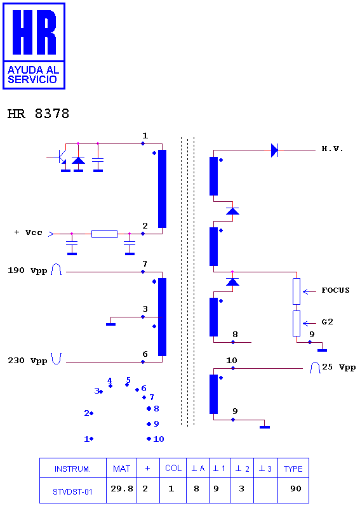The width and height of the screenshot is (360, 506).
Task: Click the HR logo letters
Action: click(34, 32)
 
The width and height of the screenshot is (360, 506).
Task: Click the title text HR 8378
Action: click(38, 114)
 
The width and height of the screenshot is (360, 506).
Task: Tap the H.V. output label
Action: click(332, 149)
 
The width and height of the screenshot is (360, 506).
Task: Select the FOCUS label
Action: click(335, 290)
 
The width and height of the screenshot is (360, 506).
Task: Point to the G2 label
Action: click(328, 322)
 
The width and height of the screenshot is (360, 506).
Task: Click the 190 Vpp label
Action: click(27, 270)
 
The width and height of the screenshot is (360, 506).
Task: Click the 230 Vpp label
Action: click(27, 361)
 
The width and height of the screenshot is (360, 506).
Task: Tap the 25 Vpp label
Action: click(338, 367)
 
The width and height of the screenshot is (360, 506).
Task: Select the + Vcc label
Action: click(29, 232)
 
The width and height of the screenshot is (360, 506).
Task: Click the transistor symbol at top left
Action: click(60, 157)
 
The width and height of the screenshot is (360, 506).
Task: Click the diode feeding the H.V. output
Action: click(274, 150)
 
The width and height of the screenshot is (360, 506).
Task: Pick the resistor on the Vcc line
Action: click(105, 234)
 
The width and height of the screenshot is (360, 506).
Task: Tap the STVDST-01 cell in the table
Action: click(72, 492)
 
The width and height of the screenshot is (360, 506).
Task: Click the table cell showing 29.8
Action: click(122, 489)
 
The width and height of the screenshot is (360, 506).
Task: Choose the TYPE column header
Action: click(293, 469)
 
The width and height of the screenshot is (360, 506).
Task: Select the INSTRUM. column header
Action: click(72, 469)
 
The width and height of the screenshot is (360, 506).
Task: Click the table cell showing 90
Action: click(296, 489)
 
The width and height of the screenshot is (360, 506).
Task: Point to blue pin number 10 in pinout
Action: click(159, 439)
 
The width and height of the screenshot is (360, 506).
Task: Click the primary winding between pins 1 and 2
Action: click(163, 189)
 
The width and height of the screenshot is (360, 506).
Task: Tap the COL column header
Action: click(173, 469)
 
